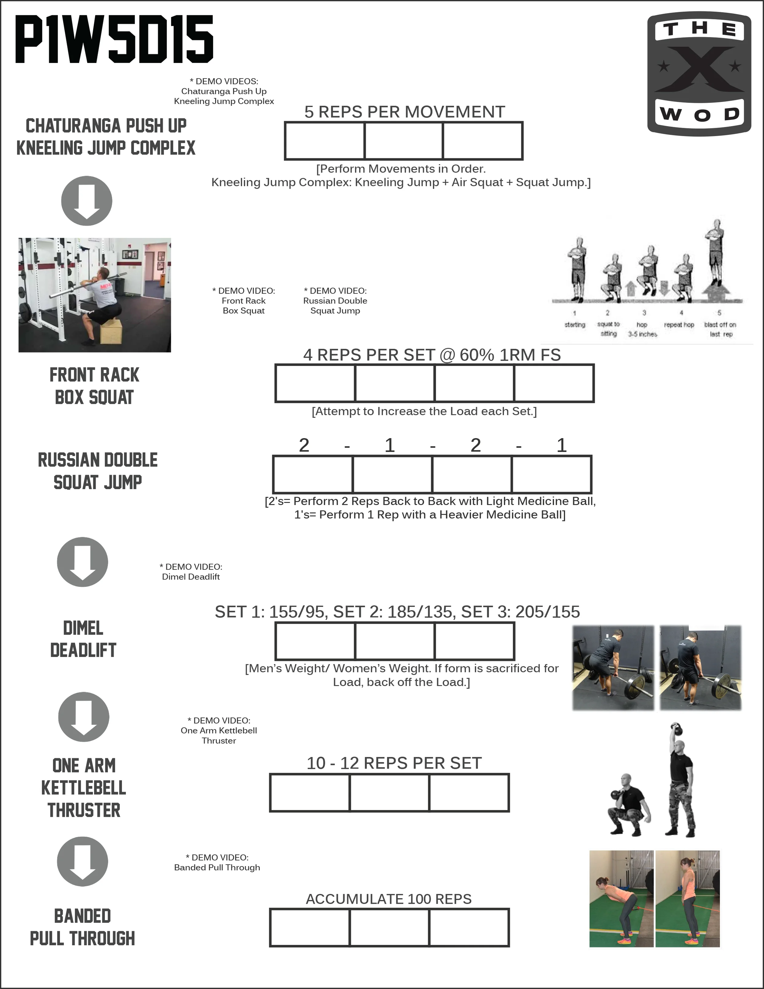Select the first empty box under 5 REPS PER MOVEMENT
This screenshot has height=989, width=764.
point(325,141)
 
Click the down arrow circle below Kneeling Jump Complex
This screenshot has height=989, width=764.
point(86,201)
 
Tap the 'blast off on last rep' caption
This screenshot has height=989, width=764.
point(720,329)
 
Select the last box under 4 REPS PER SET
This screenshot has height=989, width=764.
point(554,383)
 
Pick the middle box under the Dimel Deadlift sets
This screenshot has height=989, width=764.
point(395,641)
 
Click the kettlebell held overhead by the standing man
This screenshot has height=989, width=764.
point(676,729)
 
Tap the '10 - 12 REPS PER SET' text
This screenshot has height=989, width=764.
point(394,763)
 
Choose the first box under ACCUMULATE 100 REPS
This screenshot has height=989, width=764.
point(310,928)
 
